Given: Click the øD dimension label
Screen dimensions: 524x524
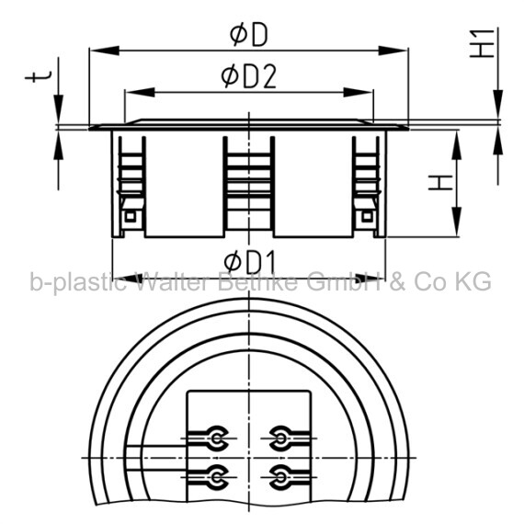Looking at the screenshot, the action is pos(249,35).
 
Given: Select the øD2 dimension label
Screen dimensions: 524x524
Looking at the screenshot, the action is pos(249,77).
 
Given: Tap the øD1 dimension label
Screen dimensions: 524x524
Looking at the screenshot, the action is pos(250,262).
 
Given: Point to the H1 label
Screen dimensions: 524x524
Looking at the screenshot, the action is pos(482,43).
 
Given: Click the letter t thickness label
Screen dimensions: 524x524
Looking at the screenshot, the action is pos(39,76).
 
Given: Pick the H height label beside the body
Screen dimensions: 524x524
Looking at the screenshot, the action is pos(440,182).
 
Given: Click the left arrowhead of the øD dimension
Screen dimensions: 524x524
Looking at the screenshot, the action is pos(105,51).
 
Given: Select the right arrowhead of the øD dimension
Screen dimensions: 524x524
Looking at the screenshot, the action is pos(393,51).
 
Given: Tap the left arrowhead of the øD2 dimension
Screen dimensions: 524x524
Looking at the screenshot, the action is pos(140,92).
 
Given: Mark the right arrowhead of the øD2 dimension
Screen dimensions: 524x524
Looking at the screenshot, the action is pos(359,92).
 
